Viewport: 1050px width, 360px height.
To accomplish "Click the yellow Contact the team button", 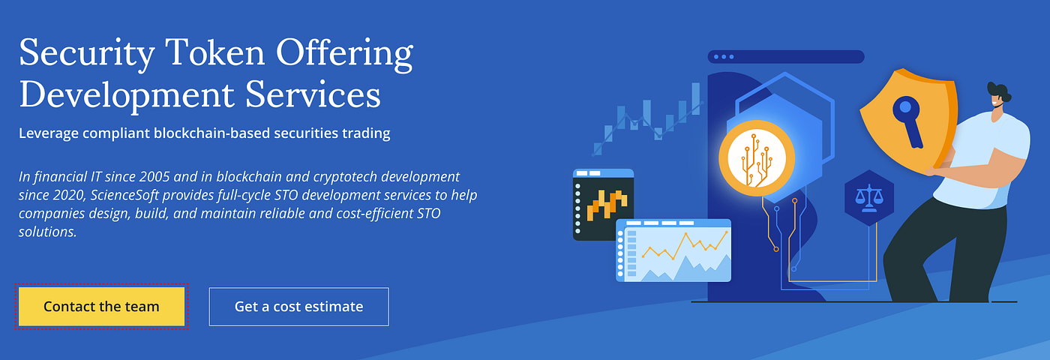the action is (x=101, y=307).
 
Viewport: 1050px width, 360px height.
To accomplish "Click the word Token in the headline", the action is (x=215, y=52).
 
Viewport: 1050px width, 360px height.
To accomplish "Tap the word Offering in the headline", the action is (x=344, y=55).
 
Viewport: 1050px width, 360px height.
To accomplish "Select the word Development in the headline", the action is (x=127, y=96).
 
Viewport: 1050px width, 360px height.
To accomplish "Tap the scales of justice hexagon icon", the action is (x=869, y=198).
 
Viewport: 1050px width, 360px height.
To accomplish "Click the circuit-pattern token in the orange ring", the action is (x=757, y=158).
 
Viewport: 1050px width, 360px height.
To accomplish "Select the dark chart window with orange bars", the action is (x=603, y=205).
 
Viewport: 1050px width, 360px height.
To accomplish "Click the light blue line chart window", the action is (x=673, y=250).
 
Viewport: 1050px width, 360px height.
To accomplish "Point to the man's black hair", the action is (x=999, y=91).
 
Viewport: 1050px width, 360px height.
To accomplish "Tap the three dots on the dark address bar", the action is (x=724, y=57).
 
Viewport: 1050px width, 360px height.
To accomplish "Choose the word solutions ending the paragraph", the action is (x=47, y=232).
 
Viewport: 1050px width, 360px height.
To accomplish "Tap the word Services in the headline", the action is (x=313, y=94).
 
